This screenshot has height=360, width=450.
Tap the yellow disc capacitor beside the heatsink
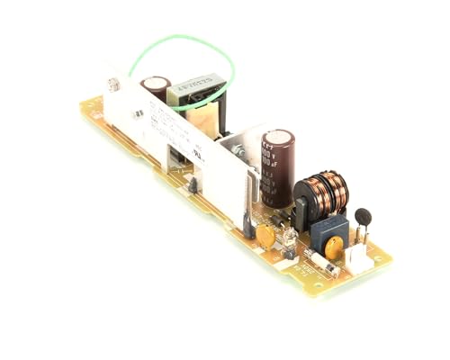(x=265, y=236)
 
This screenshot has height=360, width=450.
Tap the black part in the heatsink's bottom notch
(x=192, y=187)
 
